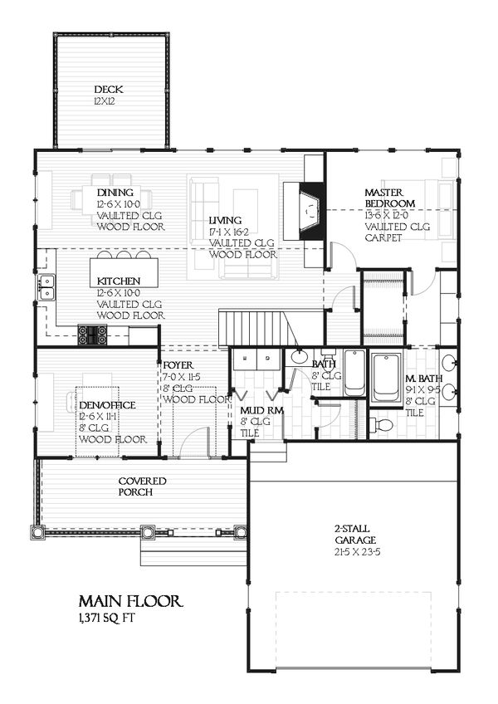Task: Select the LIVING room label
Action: (x=226, y=219)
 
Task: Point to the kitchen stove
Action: (x=92, y=334)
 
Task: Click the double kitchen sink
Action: (x=46, y=287)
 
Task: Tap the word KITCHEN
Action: (x=118, y=281)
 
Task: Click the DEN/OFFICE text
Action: (x=106, y=404)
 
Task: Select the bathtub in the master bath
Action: (x=387, y=379)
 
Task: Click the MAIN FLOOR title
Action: (x=126, y=600)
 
